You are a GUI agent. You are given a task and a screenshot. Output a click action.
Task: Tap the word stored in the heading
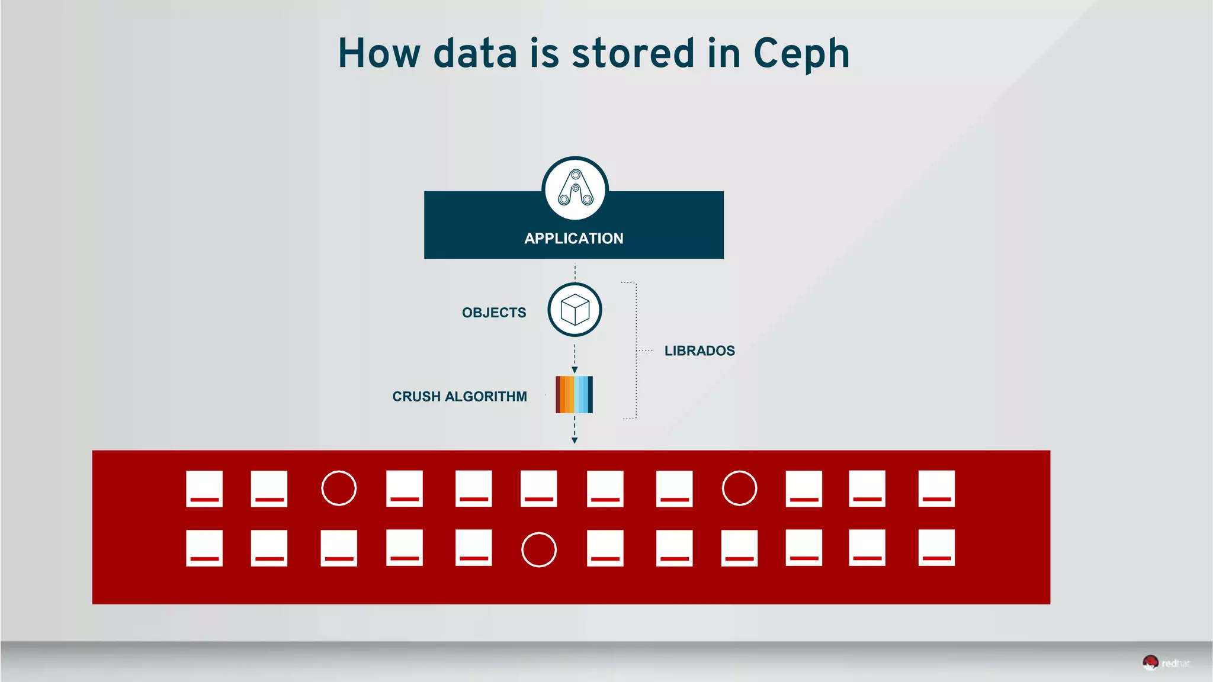pyautogui.click(x=633, y=53)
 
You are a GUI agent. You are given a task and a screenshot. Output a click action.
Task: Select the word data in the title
pyautogui.click(x=475, y=53)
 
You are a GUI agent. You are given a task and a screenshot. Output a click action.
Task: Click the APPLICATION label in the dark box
pyautogui.click(x=573, y=239)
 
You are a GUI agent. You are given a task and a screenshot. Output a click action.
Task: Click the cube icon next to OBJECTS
pyautogui.click(x=575, y=310)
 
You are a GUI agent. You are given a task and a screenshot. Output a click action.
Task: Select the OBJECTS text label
pyautogui.click(x=493, y=313)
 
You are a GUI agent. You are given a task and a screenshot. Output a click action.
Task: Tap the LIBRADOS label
pyautogui.click(x=699, y=350)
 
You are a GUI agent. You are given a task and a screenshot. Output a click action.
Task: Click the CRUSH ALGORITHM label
pyautogui.click(x=459, y=397)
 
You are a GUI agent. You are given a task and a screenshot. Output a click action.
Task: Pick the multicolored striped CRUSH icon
pyautogui.click(x=574, y=394)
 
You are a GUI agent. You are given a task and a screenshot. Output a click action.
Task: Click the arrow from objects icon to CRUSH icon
pyautogui.click(x=575, y=359)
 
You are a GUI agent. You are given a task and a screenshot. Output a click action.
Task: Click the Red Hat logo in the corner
pyautogui.click(x=1165, y=663)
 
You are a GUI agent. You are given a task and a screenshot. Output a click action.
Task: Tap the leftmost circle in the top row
pyautogui.click(x=339, y=488)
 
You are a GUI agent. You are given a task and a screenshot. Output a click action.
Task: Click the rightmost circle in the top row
pyautogui.click(x=739, y=488)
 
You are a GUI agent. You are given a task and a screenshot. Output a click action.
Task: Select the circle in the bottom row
pyautogui.click(x=538, y=549)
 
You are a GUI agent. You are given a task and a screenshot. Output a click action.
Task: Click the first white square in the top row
pyautogui.click(x=204, y=488)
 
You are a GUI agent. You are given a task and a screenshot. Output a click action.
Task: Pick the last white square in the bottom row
pyautogui.click(x=936, y=548)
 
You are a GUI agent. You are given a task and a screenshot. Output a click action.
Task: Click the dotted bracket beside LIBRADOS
pyautogui.click(x=636, y=350)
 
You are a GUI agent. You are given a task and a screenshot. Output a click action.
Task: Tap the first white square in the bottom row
pyautogui.click(x=204, y=548)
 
